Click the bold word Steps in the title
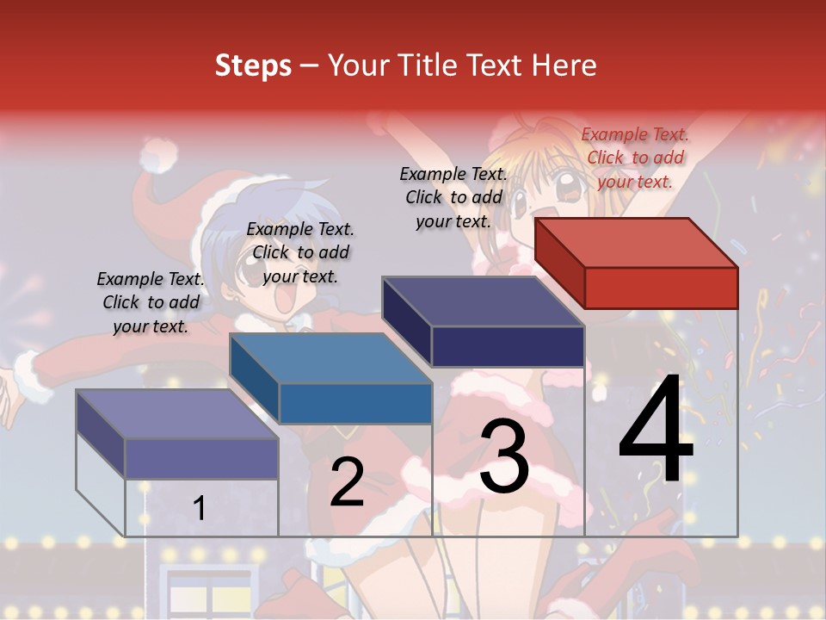pyautogui.click(x=253, y=65)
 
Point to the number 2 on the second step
pyautogui.click(x=347, y=482)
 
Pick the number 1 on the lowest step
pyautogui.click(x=199, y=508)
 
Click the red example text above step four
pyautogui.click(x=635, y=158)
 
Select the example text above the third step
pyautogui.click(x=453, y=197)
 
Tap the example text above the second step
pyautogui.click(x=300, y=252)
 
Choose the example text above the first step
pyautogui.click(x=151, y=302)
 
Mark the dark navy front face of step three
pyautogui.click(x=508, y=346)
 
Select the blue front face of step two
pyautogui.click(x=355, y=403)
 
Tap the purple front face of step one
pyautogui.click(x=201, y=458)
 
